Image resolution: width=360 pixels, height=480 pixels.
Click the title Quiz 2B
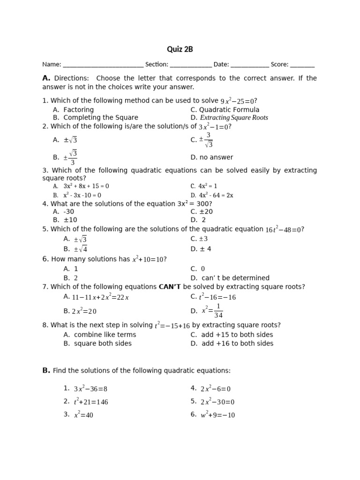click(x=180, y=49)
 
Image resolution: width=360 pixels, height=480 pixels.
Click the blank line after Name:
click(x=103, y=65)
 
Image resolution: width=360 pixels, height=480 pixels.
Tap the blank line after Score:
click(x=302, y=65)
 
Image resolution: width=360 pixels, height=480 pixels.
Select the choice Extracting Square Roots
click(x=234, y=118)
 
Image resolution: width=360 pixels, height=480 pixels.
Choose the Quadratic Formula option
click(x=223, y=110)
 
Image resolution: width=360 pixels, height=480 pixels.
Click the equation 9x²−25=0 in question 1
click(x=237, y=101)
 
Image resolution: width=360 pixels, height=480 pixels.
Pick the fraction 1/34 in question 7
click(x=218, y=311)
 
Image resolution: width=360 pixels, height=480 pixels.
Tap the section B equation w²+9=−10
click(x=218, y=415)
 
